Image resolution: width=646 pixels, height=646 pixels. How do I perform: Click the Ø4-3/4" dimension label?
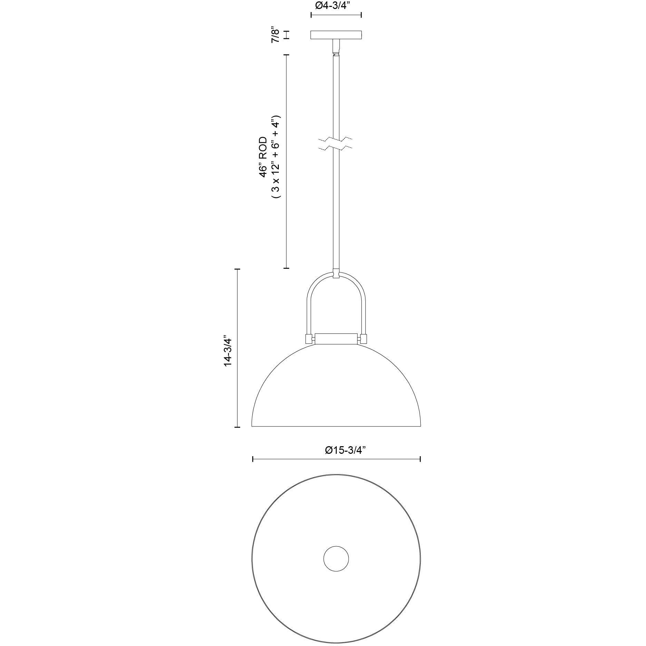coord(336,6)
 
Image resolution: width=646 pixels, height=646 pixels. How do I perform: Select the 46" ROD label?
coord(264,157)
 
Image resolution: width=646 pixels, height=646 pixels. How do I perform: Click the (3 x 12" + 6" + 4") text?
coord(277,157)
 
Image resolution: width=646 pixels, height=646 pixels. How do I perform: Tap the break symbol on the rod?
coord(335,144)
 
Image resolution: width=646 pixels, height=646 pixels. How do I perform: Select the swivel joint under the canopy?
coord(335,48)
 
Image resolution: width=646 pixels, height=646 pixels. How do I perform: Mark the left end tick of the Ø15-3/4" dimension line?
coord(253,459)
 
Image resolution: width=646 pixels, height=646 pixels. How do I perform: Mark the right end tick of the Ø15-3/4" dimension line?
coord(420,459)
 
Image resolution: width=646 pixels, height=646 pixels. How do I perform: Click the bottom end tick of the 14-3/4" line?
coord(237,427)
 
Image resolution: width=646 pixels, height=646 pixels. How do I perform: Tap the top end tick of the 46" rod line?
coord(286,55)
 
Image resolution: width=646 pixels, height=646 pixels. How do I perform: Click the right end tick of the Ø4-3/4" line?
coord(361,15)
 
